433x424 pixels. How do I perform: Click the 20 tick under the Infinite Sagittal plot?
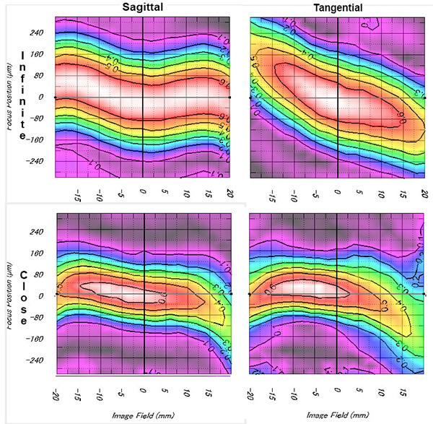coord(229,193)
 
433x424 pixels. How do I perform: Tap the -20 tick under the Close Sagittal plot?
coord(55,394)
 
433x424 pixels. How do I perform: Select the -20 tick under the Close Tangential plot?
coord(250,394)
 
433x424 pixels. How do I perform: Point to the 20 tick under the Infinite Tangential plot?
coord(424,193)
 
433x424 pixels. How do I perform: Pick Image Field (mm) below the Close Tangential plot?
coord(336,415)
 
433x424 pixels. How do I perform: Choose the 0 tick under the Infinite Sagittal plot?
coord(143,193)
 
